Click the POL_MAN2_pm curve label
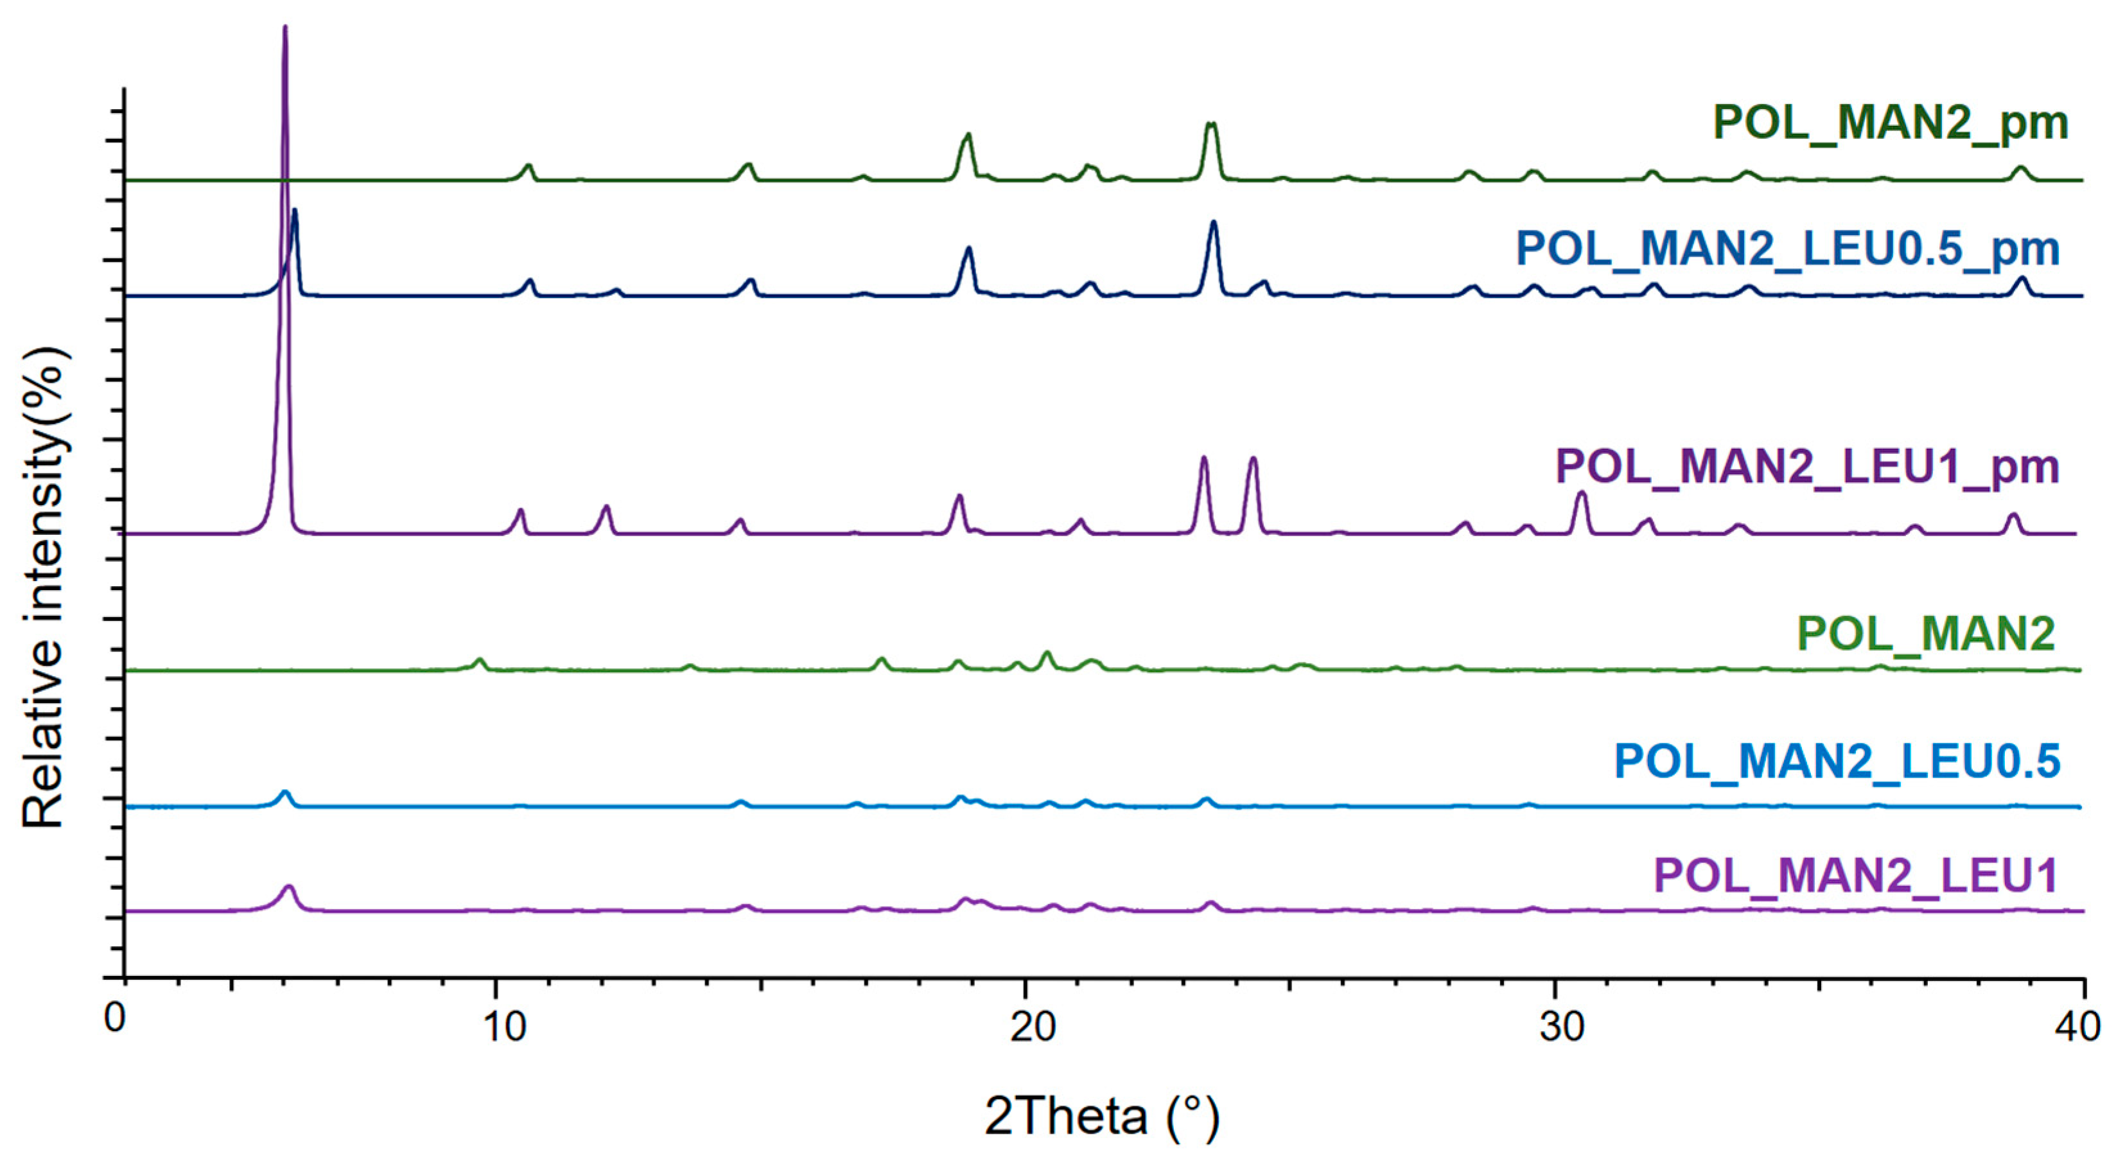(x=1890, y=123)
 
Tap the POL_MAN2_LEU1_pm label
(x=1808, y=467)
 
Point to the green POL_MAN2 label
(x=1927, y=633)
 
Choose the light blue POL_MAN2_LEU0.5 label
(x=1837, y=761)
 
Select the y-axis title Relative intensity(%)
(x=45, y=587)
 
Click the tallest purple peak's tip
(x=284, y=27)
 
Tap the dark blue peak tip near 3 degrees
(x=294, y=210)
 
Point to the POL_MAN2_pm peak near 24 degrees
(x=1210, y=124)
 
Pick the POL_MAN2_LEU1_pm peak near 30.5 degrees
(x=1580, y=492)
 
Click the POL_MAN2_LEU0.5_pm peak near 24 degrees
(x=1213, y=222)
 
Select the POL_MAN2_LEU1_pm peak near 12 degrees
(x=606, y=506)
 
